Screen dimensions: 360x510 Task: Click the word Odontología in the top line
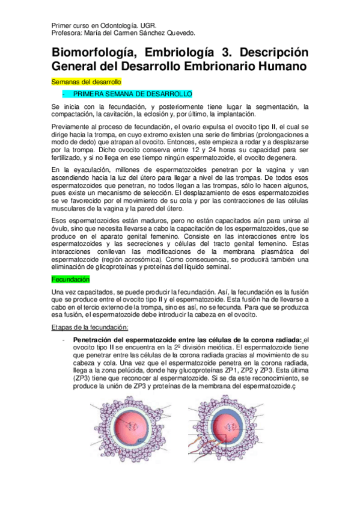105,26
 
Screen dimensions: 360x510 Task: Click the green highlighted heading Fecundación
70,280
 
